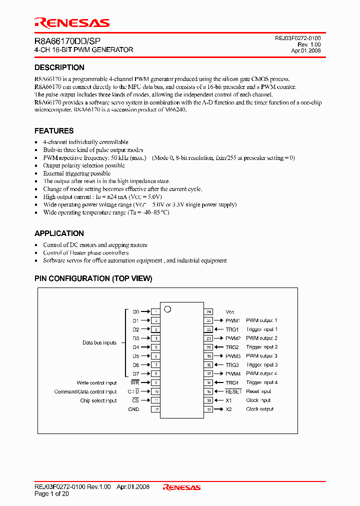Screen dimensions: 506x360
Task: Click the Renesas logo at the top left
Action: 72,23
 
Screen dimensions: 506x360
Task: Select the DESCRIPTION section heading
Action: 59,67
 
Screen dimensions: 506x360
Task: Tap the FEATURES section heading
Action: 54,131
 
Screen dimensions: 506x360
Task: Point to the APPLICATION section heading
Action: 59,233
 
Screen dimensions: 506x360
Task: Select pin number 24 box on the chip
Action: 209,311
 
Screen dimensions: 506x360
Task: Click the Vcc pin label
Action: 230,312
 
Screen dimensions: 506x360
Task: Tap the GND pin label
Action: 133,409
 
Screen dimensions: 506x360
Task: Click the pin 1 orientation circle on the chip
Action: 167,309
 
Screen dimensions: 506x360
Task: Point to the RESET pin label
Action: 233,391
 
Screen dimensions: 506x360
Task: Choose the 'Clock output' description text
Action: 260,409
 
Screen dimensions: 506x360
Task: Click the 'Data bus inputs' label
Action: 99,343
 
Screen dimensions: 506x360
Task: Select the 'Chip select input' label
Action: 98,400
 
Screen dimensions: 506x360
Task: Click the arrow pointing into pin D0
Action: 145,311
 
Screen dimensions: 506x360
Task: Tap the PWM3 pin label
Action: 233,356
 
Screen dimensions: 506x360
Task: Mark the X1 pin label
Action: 229,400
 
